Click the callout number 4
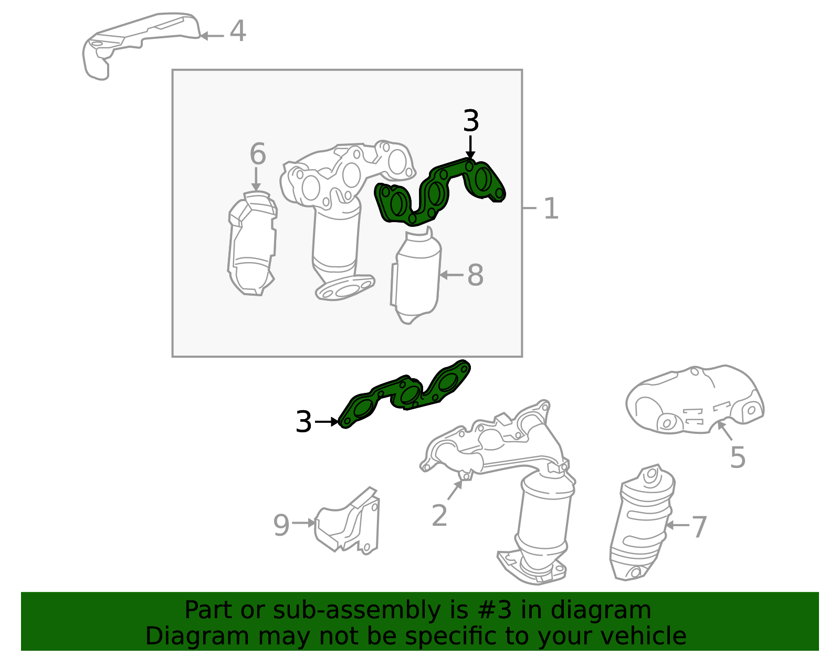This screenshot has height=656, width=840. coord(237,31)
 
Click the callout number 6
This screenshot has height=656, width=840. coord(258,153)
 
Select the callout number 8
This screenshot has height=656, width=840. coord(475,275)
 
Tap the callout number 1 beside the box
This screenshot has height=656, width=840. coord(551,209)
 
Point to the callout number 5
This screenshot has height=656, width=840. coord(738,457)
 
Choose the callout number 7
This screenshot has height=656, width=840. coord(699,526)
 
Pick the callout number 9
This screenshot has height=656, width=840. coord(281,525)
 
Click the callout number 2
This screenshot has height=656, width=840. coord(439,515)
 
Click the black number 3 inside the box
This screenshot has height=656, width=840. coord(471,121)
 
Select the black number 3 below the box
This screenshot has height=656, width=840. coord(303,421)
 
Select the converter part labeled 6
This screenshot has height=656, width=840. coord(252,244)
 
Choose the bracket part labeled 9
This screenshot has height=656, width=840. coord(347,520)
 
